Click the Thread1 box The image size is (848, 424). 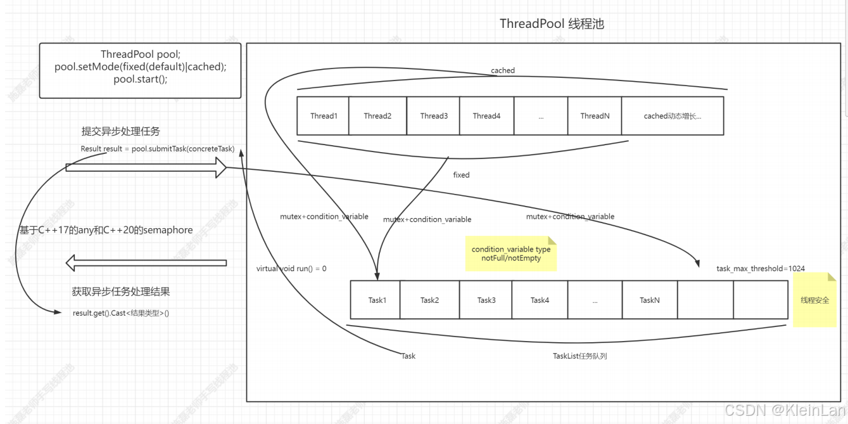[323, 116]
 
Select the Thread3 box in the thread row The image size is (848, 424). [434, 116]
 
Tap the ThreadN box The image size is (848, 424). [595, 116]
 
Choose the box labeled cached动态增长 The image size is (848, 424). [673, 116]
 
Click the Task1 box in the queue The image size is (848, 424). [376, 300]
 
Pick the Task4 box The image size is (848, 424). [540, 300]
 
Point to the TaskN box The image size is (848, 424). [650, 300]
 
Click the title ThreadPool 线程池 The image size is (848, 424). [552, 24]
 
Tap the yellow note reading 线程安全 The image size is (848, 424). [814, 300]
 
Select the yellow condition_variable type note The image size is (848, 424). [510, 254]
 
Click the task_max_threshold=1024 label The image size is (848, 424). [761, 269]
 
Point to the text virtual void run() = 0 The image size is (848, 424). [291, 269]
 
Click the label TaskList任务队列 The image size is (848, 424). [579, 356]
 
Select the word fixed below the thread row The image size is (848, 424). [461, 175]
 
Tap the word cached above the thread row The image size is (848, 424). [503, 70]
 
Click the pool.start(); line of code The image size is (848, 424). [141, 79]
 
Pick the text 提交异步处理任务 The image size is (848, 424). [120, 132]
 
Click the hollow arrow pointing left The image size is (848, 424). [146, 262]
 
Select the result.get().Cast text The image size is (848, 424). [121, 313]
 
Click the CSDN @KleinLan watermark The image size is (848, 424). [785, 410]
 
